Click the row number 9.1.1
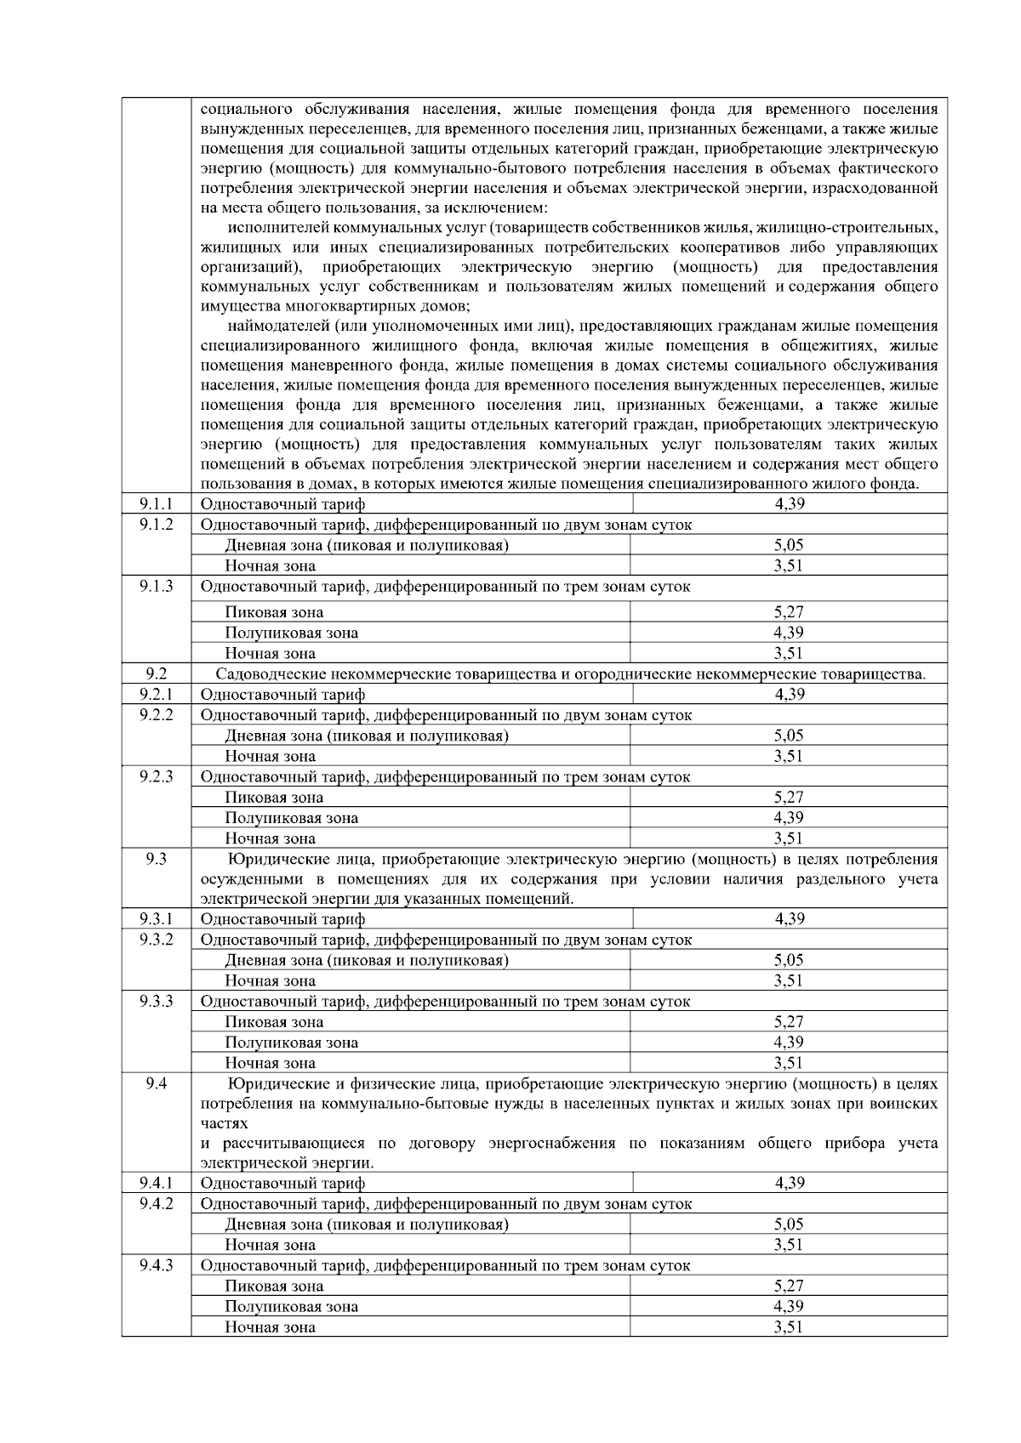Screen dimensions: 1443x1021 click(x=157, y=504)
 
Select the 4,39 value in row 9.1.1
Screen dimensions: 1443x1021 click(x=789, y=504)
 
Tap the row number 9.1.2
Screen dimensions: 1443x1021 click(x=157, y=525)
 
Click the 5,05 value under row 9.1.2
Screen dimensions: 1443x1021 click(x=789, y=545)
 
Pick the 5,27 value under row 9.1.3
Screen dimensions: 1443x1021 click(x=789, y=611)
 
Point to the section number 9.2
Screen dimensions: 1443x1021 click(x=157, y=673)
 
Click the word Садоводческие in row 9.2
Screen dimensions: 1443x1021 click(x=266, y=674)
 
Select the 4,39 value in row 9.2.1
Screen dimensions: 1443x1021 click(x=789, y=695)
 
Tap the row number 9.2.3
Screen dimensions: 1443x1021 click(x=157, y=776)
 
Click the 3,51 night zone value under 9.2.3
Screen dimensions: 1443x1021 click(x=789, y=838)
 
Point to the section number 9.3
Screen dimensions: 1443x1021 click(x=157, y=860)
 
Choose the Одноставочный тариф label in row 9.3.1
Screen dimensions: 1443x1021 click(x=282, y=919)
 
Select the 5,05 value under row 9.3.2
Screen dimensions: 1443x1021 click(x=789, y=960)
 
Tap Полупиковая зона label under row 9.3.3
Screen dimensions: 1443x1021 click(x=291, y=1042)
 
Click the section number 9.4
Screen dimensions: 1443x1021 click(x=157, y=1084)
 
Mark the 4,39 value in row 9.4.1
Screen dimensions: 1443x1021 click(x=789, y=1183)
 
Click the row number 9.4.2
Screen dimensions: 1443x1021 click(x=157, y=1203)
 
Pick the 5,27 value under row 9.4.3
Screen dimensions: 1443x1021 click(x=789, y=1287)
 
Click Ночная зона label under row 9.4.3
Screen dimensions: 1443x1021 click(x=270, y=1327)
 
